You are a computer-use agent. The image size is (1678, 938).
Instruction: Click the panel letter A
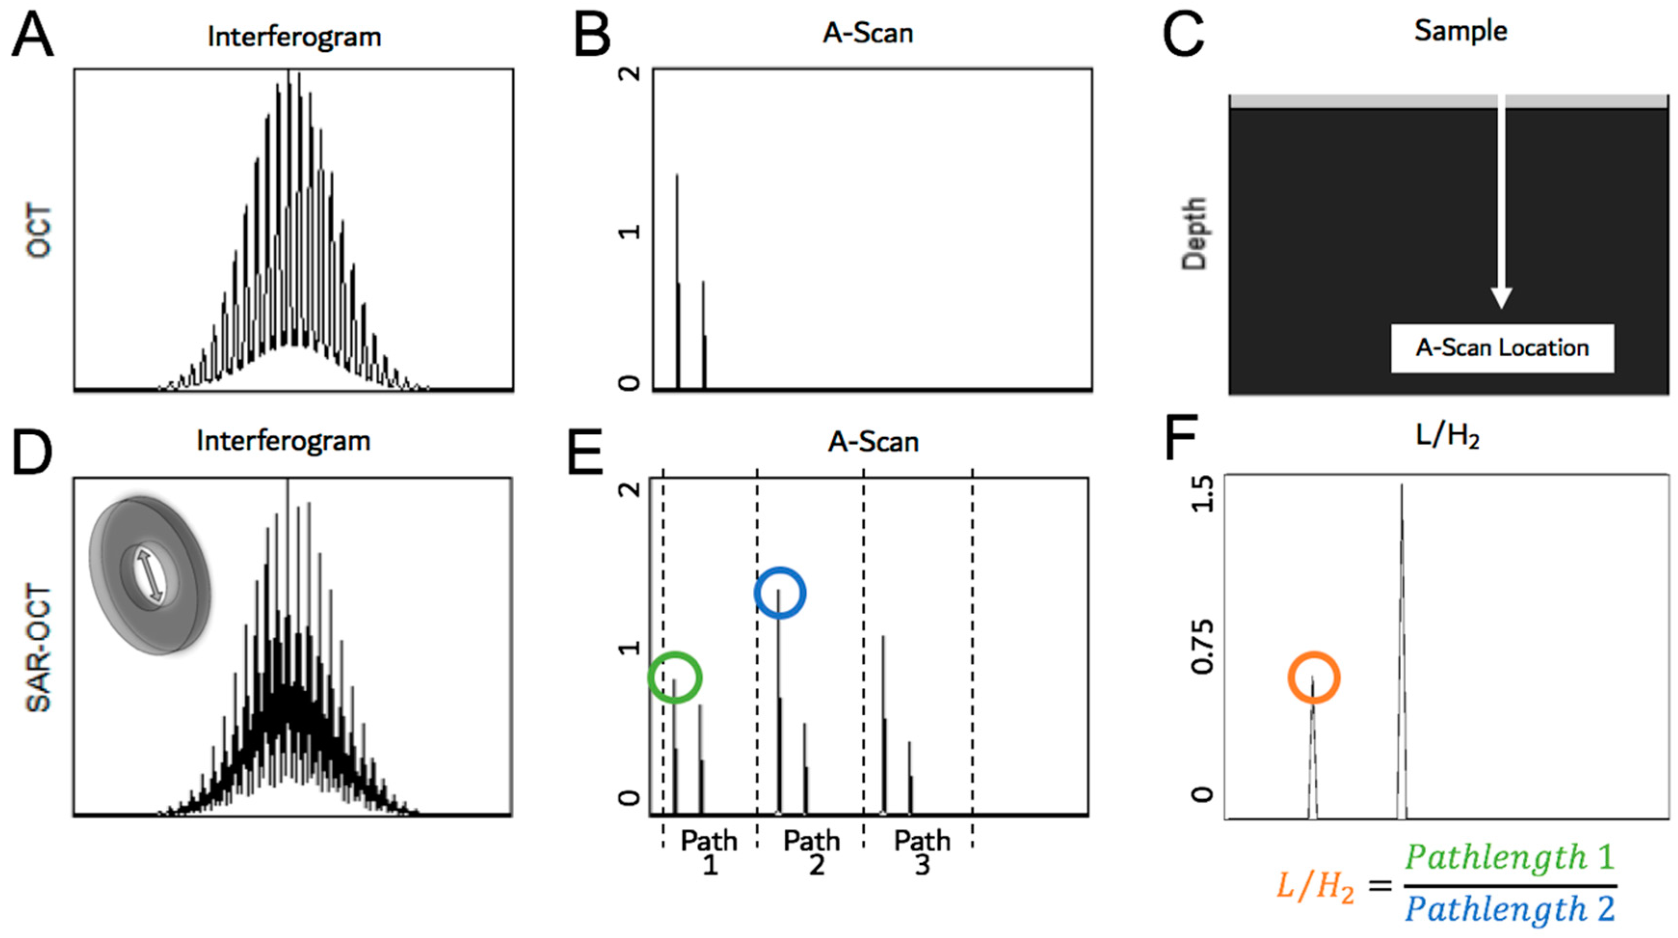[x=33, y=37]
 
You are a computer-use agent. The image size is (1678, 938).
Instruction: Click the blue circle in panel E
[x=780, y=593]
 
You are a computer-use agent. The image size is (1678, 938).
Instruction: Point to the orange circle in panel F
[x=1313, y=678]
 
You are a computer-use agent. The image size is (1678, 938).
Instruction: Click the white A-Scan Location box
[x=1502, y=348]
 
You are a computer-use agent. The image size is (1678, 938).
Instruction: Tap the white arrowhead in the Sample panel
[x=1502, y=298]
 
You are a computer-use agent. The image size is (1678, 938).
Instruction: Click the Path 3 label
[x=922, y=853]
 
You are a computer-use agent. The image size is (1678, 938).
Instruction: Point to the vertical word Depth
[x=1195, y=233]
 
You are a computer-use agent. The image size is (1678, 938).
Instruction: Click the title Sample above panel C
[x=1461, y=31]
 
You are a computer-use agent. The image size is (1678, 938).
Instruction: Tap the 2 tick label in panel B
[x=629, y=73]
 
